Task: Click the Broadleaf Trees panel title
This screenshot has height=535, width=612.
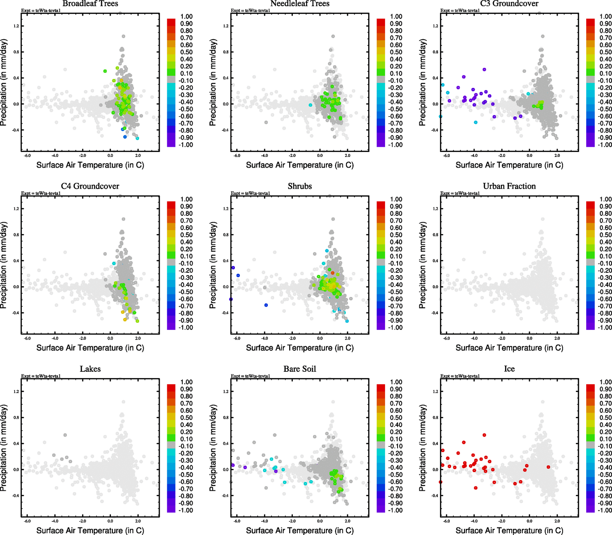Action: coord(90,4)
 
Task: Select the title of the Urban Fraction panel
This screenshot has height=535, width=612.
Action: coord(509,186)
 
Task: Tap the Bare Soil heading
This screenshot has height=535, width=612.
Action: coord(300,369)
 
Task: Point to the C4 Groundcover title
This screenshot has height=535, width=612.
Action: coord(90,186)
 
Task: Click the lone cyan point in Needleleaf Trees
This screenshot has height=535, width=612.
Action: coord(310,105)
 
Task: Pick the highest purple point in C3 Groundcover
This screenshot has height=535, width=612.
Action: coord(484,70)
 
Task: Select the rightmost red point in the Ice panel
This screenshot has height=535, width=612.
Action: coord(548,467)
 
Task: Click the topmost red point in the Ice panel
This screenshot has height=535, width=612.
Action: coord(484,435)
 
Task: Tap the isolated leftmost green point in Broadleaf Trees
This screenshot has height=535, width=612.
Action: coord(105,71)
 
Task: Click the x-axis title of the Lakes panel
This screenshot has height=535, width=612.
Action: coord(90,531)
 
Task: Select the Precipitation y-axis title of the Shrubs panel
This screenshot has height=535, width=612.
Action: coord(213,265)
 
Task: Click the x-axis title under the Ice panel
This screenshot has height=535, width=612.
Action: coord(509,531)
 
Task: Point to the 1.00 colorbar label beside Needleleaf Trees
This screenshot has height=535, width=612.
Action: coord(396,16)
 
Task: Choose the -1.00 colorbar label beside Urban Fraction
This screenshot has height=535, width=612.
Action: coord(605,328)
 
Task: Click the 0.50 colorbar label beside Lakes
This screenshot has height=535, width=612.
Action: coord(186,418)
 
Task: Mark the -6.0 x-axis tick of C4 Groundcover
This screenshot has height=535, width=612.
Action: coord(27,338)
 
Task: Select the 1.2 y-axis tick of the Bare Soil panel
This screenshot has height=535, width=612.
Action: coord(226,391)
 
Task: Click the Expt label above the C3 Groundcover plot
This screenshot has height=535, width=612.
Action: coord(460,10)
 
